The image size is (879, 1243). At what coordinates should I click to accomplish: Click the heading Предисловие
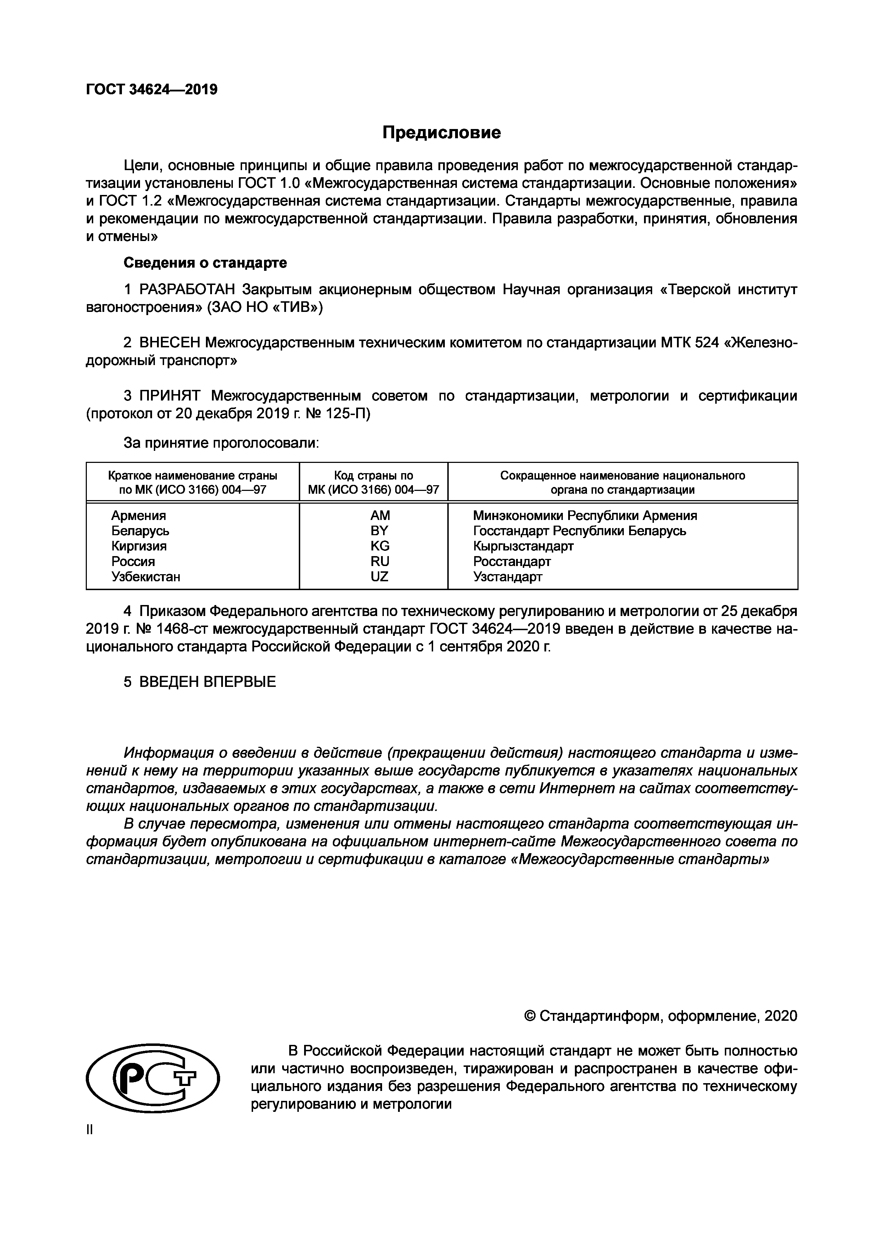point(441,133)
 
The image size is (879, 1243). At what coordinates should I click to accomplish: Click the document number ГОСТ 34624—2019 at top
point(152,89)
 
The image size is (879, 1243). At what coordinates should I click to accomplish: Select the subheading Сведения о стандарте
point(205,263)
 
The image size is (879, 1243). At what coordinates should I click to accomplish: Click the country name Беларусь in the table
point(140,531)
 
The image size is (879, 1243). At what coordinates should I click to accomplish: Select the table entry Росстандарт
point(511,562)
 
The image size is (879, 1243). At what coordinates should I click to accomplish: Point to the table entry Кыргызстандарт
point(523,546)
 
